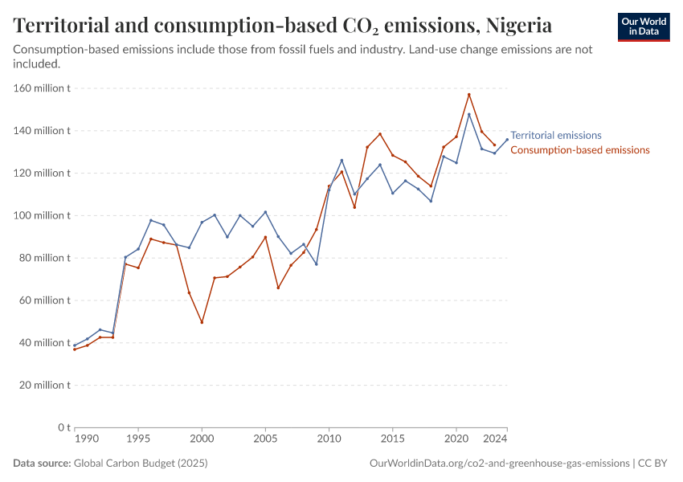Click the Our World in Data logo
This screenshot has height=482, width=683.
[x=644, y=27]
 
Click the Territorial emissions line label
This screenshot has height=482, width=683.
[x=556, y=136]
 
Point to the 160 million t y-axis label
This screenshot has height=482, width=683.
[x=42, y=88]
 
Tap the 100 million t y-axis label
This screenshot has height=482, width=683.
[x=42, y=215]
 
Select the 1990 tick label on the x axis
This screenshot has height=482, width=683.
[x=86, y=440]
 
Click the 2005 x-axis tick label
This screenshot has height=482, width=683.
[x=265, y=440]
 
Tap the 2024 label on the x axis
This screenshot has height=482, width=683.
[x=495, y=440]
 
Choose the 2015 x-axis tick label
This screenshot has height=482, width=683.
[x=392, y=440]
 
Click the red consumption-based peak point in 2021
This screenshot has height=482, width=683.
[x=469, y=95]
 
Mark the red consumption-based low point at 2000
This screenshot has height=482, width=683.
[x=202, y=322]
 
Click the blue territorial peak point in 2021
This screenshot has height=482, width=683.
[x=469, y=114]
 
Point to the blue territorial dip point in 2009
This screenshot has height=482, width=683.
[x=317, y=264]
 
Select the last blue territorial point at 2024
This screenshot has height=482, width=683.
[x=507, y=140]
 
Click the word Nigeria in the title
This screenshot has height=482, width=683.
[x=519, y=26]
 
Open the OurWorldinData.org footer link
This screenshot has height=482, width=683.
[x=499, y=464]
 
